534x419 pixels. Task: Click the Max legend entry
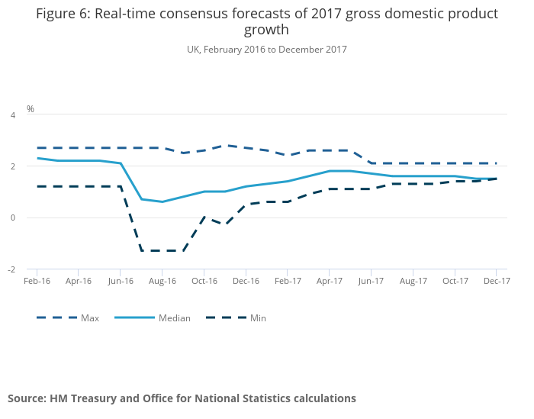tap(90, 318)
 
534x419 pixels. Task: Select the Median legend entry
tap(174, 318)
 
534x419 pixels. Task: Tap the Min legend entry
tap(258, 318)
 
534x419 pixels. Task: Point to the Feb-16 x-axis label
tap(37, 281)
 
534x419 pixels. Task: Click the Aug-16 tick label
tap(162, 281)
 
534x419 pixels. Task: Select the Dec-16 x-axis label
tap(246, 281)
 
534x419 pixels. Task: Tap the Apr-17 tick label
tap(329, 281)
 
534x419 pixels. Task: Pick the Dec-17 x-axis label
tap(497, 281)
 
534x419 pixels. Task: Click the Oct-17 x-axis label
tap(455, 281)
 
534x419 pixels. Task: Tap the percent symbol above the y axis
tap(31, 109)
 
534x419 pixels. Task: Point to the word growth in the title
tap(266, 31)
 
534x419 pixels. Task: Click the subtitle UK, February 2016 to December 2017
tap(266, 50)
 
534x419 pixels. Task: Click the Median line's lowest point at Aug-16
tap(162, 201)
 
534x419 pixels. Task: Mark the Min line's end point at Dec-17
tap(497, 179)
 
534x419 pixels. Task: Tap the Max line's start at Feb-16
tap(37, 148)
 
